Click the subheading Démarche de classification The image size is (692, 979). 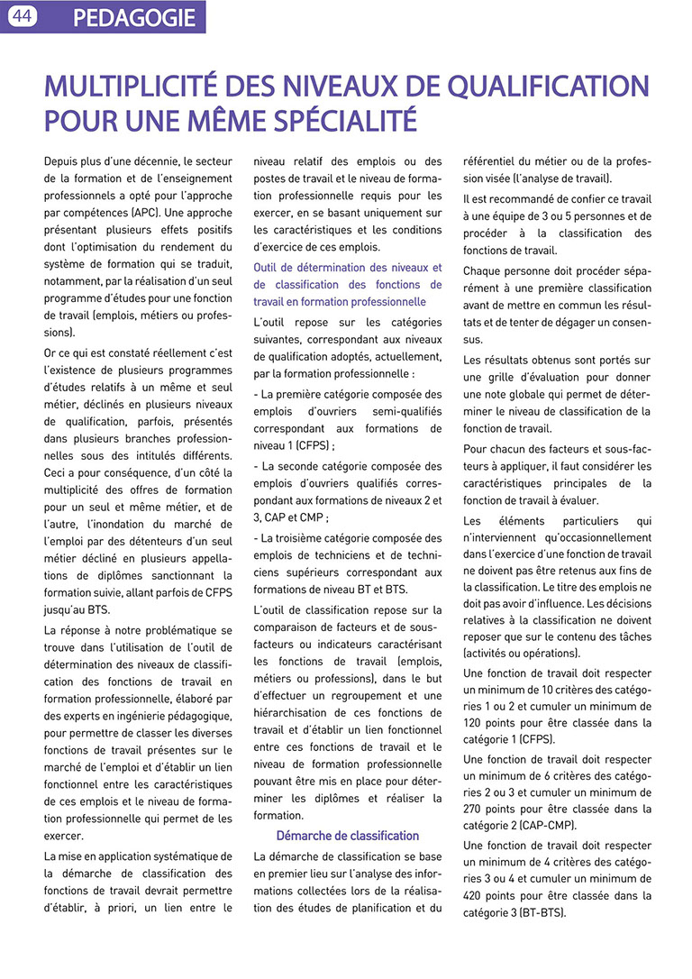[x=347, y=836]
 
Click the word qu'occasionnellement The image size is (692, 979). [x=592, y=538]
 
